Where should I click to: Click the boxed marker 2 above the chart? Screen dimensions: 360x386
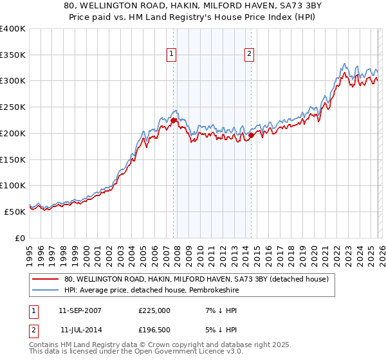point(249,55)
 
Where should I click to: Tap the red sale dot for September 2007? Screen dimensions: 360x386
point(173,120)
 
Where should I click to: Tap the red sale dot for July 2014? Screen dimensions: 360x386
point(251,135)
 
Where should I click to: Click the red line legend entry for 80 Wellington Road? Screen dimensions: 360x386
point(197,279)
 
